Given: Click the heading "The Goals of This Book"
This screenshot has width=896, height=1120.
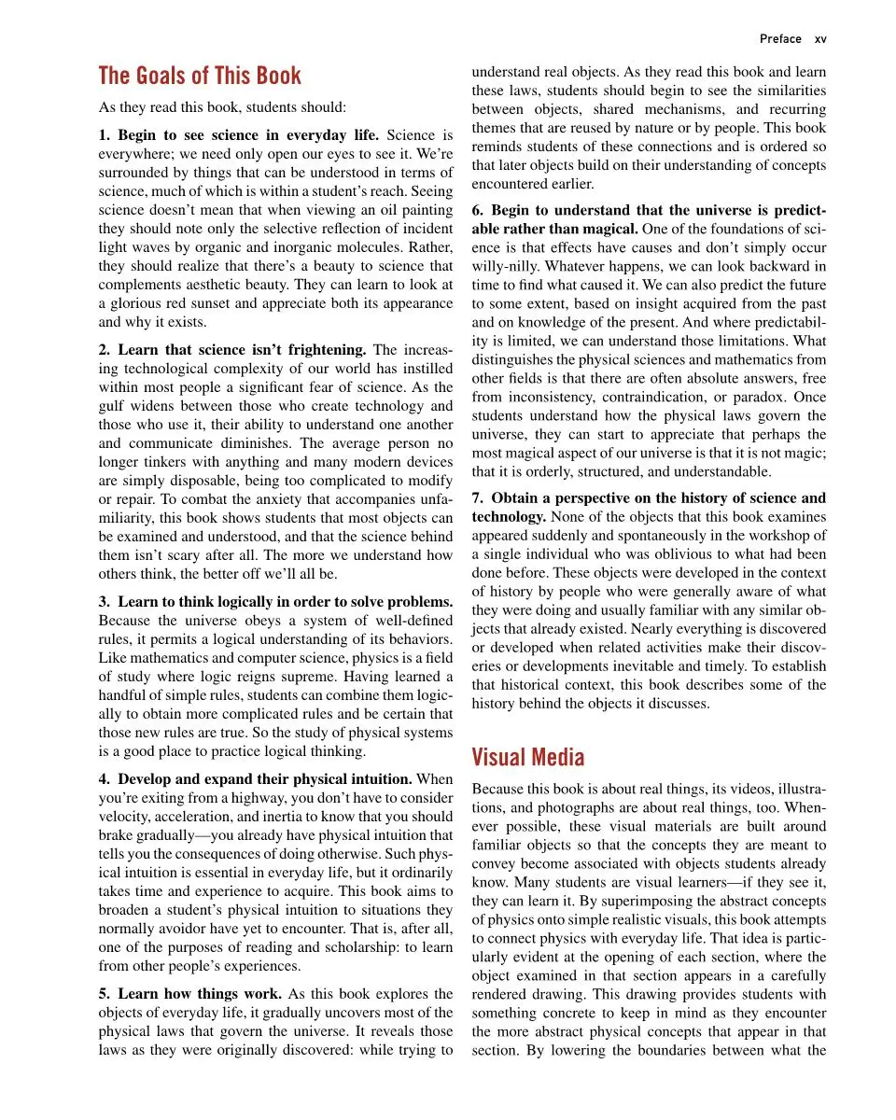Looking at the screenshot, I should point(200,76).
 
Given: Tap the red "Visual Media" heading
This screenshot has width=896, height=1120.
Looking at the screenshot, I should point(528,756).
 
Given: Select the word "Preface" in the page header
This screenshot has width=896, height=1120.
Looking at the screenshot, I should point(780,39).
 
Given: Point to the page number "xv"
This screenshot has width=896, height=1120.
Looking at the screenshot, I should point(820,39).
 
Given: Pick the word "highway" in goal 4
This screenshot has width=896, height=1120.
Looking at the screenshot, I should point(255,797).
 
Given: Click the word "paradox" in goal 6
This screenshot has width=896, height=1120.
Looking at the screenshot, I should point(780,398).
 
